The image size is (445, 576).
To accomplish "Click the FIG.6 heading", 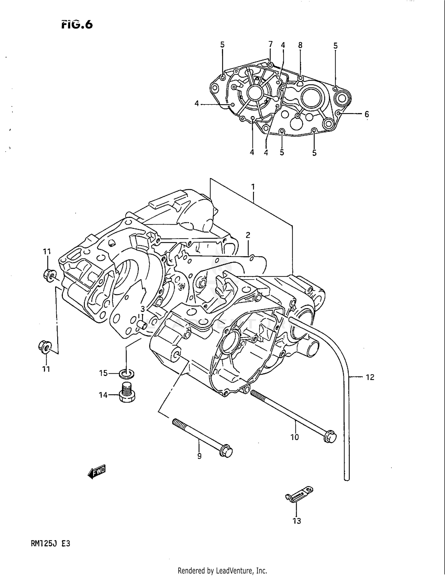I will coord(77,24).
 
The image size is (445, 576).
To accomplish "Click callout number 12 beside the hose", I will coord(370,377).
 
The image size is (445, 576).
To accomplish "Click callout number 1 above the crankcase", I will coord(253,187).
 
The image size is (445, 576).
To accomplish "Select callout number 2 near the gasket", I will coord(248,235).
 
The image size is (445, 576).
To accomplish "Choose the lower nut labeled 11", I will coord(44,347).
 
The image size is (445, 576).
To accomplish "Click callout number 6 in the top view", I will coord(367,114).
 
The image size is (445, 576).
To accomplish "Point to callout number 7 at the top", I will coord(270,45).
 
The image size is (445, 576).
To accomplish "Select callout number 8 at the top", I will coord(300,45).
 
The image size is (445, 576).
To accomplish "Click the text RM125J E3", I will coord(50,544).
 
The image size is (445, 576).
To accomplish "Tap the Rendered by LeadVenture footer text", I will coord(222,570).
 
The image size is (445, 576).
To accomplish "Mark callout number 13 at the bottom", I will coord(297,521).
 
